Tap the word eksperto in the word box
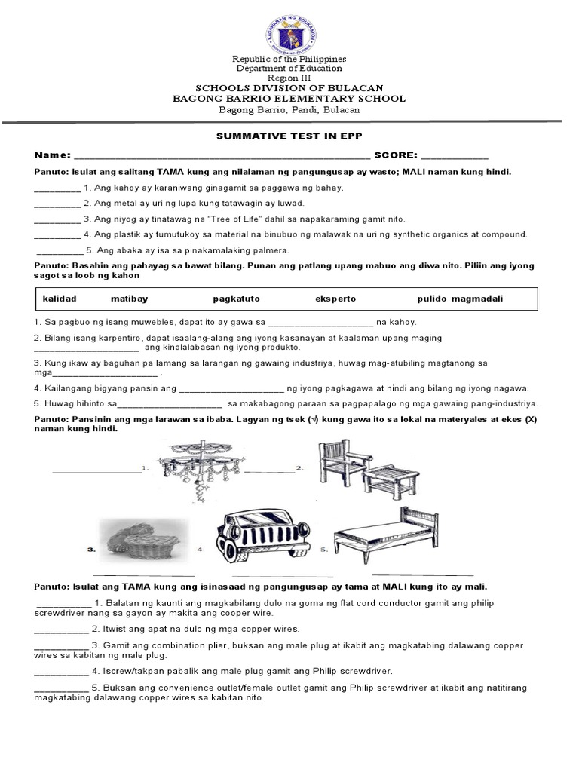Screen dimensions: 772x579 click(335, 299)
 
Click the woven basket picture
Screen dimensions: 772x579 click(141, 539)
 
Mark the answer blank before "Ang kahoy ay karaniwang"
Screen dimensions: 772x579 click(57, 188)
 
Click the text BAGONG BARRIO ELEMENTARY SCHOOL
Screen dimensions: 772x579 click(289, 99)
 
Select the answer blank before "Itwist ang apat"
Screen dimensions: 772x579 click(60, 629)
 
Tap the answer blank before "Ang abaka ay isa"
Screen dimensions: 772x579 click(60, 250)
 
